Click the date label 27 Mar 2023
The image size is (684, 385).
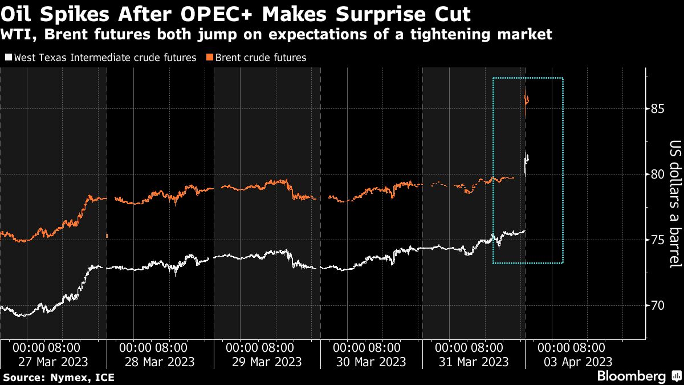54,362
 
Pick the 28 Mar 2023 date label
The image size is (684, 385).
160,362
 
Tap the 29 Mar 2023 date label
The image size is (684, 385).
266,362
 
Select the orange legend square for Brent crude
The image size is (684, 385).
210,58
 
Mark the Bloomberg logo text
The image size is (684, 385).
631,376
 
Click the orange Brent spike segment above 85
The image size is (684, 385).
527,100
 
